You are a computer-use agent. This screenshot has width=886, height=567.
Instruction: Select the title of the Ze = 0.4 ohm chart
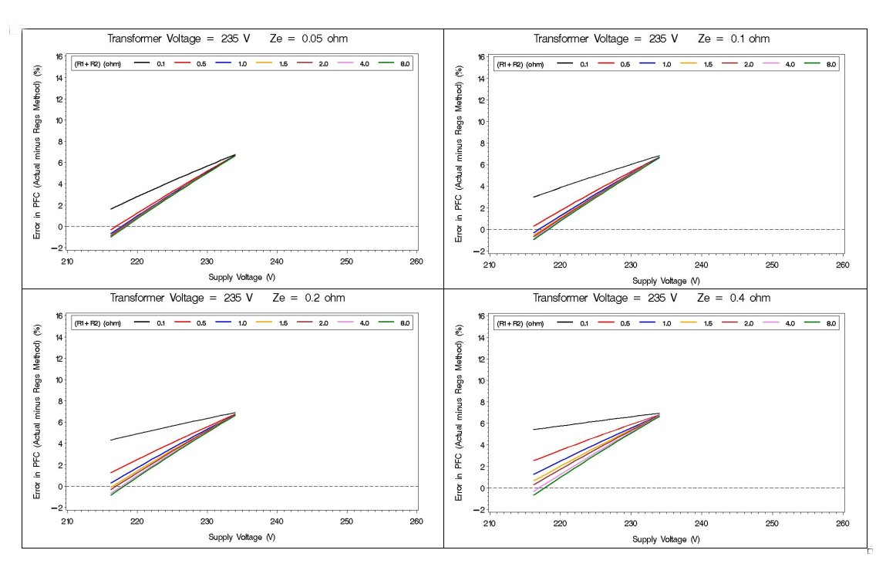pyautogui.click(x=652, y=298)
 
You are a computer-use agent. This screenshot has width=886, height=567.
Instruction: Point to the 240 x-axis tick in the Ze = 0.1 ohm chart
pyautogui.click(x=701, y=265)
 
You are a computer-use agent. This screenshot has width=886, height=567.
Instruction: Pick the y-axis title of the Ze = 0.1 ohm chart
pyautogui.click(x=460, y=154)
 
